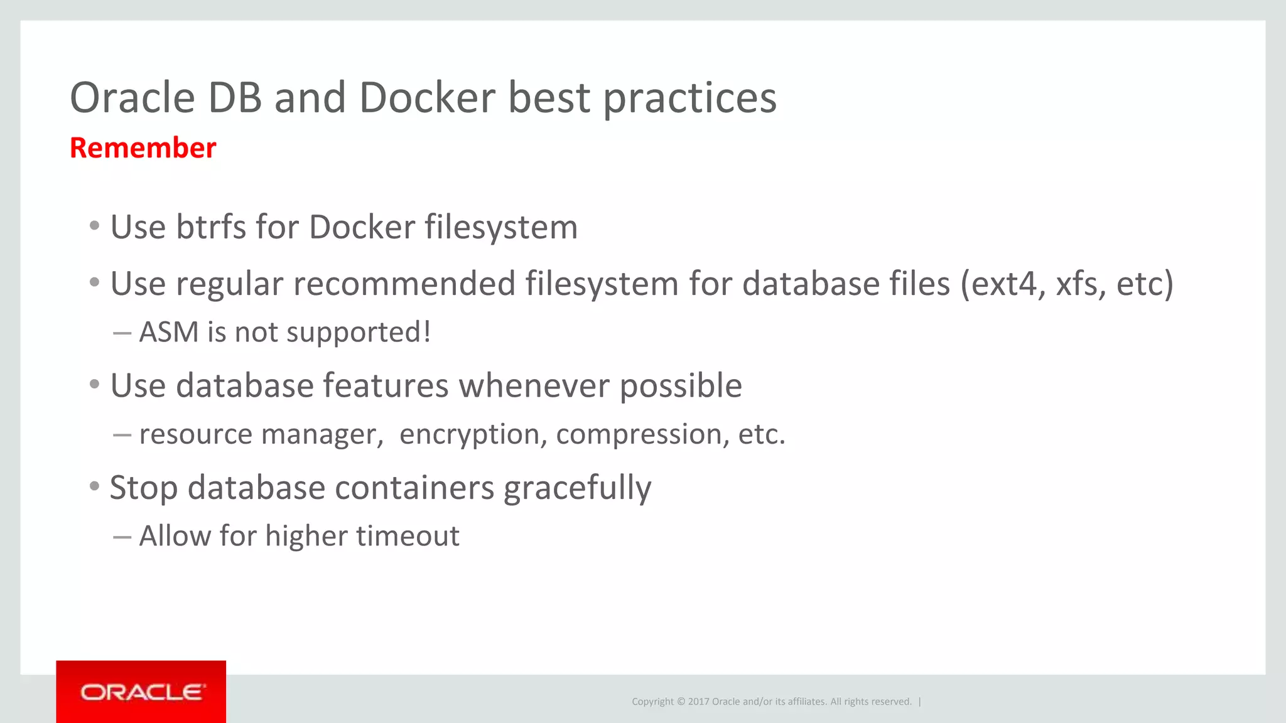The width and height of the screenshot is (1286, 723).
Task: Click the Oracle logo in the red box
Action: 141,692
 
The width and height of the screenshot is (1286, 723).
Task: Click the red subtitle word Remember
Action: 143,148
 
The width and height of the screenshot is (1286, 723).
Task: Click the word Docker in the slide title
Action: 427,98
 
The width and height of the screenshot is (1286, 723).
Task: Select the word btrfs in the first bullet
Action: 210,227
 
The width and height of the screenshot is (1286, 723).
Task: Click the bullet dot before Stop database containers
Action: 94,486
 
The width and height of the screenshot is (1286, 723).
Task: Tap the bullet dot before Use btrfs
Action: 94,225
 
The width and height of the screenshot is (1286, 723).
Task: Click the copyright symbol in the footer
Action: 681,702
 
